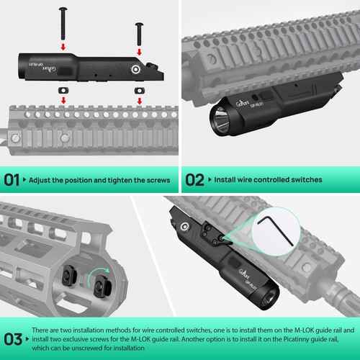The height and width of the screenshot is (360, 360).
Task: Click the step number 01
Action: (12, 179)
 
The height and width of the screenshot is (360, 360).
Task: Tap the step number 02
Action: (194, 179)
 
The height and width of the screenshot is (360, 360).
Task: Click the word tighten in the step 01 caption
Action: (123, 179)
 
